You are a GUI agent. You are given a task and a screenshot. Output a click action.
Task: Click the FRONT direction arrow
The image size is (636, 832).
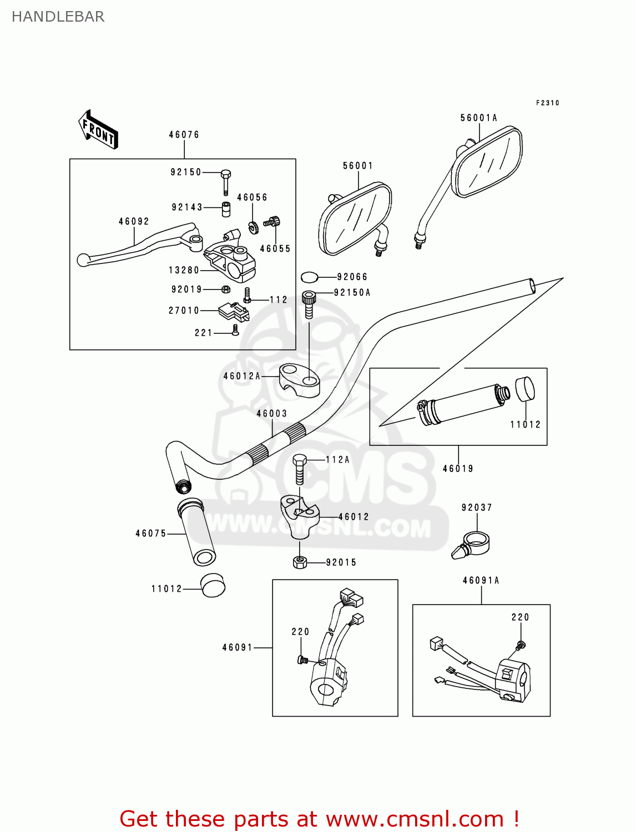[x=98, y=130]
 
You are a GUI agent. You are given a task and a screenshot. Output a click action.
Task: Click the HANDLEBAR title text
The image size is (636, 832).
[x=58, y=17]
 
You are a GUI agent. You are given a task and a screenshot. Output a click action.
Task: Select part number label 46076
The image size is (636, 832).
[x=184, y=135]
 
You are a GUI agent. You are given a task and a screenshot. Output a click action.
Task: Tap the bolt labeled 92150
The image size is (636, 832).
[x=225, y=181]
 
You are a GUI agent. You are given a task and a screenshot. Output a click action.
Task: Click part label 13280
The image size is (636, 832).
[x=184, y=270]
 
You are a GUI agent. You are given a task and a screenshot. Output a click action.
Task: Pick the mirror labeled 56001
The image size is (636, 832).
[x=355, y=219]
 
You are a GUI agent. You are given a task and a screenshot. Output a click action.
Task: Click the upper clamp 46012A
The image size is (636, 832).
[x=300, y=379]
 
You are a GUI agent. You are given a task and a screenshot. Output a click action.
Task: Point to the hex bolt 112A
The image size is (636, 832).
[x=299, y=469]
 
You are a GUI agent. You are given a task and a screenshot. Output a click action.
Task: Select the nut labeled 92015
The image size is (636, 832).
[x=300, y=562]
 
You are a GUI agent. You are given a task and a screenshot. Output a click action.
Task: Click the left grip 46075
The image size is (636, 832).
[x=197, y=532]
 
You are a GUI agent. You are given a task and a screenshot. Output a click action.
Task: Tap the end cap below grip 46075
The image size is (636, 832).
[x=213, y=586]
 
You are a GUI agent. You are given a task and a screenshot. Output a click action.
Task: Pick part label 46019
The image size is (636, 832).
[x=458, y=469]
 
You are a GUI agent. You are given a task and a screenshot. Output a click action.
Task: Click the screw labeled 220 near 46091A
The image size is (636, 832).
[x=520, y=645]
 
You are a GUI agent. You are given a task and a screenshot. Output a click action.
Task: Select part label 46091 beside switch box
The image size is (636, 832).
[x=238, y=647]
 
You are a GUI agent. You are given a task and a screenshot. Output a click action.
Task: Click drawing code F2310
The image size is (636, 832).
[x=547, y=103]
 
